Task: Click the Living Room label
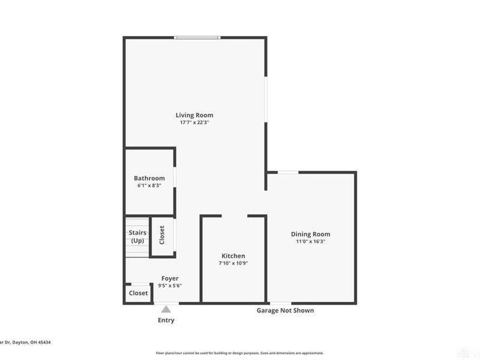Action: [194, 115]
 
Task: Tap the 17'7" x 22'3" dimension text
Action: [194, 122]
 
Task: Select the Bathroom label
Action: [149, 178]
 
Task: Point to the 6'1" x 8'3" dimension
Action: [149, 186]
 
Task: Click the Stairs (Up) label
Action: [137, 236]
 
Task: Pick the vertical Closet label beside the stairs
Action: [162, 235]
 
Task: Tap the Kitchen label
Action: [233, 256]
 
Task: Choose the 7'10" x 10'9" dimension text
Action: [233, 263]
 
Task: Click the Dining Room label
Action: [310, 234]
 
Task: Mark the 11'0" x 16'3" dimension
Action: [310, 241]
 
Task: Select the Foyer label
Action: [170, 278]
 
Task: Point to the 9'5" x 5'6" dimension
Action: [170, 286]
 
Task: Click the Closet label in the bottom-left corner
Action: [138, 293]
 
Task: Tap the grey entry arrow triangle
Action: [166, 308]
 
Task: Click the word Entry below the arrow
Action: [166, 320]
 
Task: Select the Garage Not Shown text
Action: [285, 311]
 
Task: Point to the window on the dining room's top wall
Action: [288, 173]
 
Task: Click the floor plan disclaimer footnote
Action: [239, 353]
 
